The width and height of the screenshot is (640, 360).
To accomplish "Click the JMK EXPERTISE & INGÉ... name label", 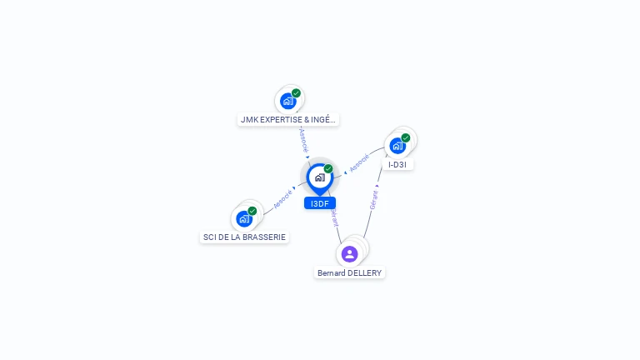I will click(287, 119).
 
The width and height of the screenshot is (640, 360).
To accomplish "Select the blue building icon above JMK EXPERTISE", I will click(288, 101).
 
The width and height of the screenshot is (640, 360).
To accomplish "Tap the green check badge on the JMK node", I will click(296, 93).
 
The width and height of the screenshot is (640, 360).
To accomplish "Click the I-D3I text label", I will click(397, 164).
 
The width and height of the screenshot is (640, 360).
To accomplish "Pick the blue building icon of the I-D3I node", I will click(397, 146).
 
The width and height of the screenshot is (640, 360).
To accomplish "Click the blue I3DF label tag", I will click(320, 203).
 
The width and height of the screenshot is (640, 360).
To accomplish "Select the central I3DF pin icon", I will click(319, 177).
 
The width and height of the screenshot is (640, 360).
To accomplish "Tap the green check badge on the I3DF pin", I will click(328, 169).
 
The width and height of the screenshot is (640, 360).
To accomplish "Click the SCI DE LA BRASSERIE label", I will click(244, 237).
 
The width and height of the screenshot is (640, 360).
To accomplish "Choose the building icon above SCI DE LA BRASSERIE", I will click(244, 218).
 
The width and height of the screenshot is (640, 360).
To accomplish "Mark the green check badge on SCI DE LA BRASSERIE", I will click(252, 211).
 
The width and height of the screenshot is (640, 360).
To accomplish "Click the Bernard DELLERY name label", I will click(350, 272).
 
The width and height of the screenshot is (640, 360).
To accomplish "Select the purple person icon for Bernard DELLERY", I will click(350, 253).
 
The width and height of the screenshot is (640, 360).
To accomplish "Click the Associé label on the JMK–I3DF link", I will click(303, 138).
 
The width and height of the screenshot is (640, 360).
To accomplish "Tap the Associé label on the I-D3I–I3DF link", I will click(359, 162).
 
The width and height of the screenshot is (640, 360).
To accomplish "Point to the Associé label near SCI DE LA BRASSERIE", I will click(282, 199).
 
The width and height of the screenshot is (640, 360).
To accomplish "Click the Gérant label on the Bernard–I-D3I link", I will click(374, 200).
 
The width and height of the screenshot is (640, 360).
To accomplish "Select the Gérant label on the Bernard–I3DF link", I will click(334, 218).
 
